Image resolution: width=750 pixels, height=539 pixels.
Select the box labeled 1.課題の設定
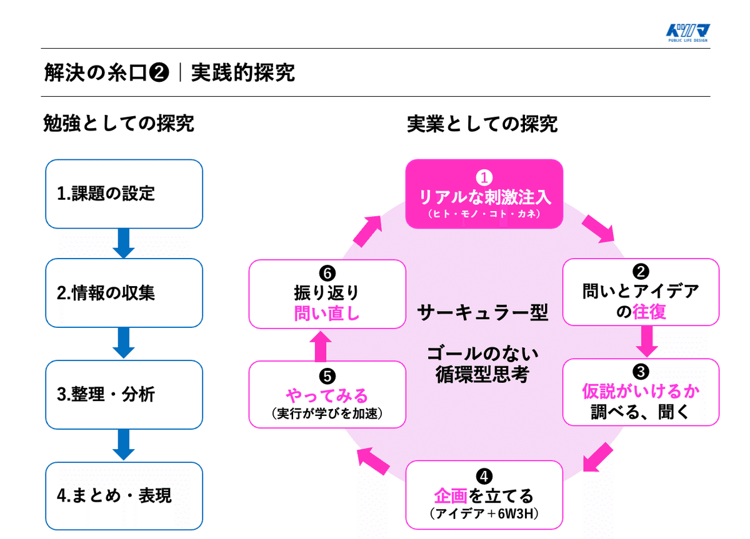pyautogui.click(x=124, y=194)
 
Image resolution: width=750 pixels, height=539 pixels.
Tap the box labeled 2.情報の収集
pyautogui.click(x=124, y=293)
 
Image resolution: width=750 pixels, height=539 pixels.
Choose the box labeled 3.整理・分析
pyautogui.click(x=124, y=394)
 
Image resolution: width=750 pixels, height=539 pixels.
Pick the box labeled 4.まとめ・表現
pyautogui.click(x=124, y=496)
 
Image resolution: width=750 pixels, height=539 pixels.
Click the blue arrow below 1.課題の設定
pyautogui.click(x=124, y=244)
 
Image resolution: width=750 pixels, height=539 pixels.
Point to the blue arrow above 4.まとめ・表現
pyautogui.click(x=124, y=445)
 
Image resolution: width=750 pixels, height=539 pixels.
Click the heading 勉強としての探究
pyautogui.click(x=118, y=124)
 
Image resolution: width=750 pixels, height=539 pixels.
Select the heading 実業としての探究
pyautogui.click(x=482, y=124)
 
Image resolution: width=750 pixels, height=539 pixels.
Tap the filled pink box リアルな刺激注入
pyautogui.click(x=484, y=194)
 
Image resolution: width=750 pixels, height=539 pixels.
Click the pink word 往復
pyautogui.click(x=649, y=311)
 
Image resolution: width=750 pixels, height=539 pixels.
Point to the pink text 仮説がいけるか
pyautogui.click(x=641, y=392)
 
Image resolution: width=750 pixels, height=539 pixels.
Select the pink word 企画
pyautogui.click(x=451, y=496)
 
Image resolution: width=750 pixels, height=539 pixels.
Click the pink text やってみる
pyautogui.click(x=327, y=395)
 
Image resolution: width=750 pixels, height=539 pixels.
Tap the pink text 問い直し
pyautogui.click(x=327, y=312)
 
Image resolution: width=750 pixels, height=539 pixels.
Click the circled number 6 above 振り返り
pyautogui.click(x=327, y=273)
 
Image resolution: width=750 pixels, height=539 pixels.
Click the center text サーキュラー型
pyautogui.click(x=482, y=312)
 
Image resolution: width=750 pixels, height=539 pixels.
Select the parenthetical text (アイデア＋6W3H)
pyautogui.click(x=484, y=514)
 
